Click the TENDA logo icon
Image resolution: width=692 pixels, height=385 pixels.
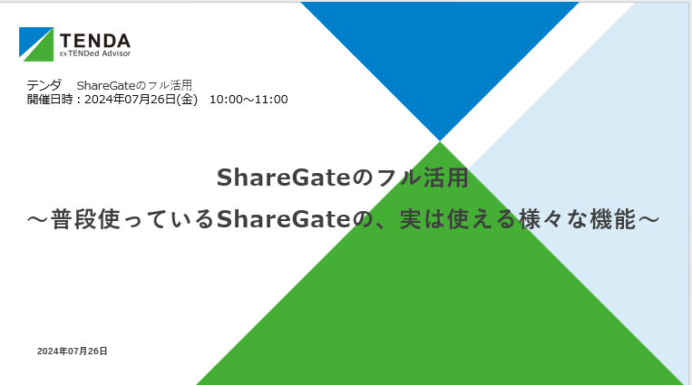click(x=36, y=43)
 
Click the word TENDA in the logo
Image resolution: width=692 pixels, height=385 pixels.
click(x=95, y=40)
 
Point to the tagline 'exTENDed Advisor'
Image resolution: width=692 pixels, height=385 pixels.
click(x=94, y=53)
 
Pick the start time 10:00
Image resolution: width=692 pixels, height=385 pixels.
click(x=226, y=99)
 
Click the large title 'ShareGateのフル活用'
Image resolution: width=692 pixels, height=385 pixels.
click(x=342, y=178)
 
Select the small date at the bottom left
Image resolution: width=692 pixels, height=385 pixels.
click(x=72, y=351)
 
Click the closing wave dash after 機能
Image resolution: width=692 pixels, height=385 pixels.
click(x=649, y=219)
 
